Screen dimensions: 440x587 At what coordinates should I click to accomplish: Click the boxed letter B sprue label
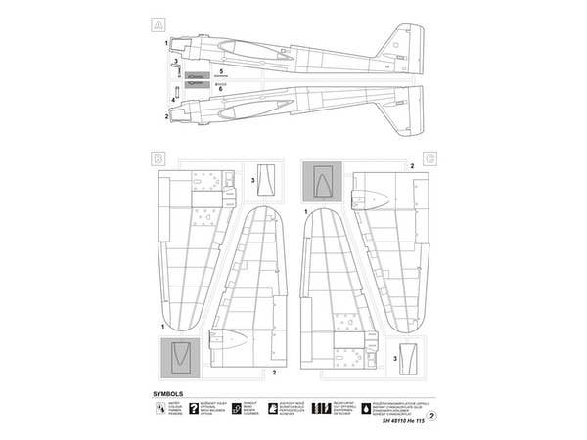click(x=158, y=157)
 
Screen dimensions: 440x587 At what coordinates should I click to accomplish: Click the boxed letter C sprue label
click(x=429, y=157)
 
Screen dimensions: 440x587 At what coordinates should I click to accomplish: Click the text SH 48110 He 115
click(x=394, y=420)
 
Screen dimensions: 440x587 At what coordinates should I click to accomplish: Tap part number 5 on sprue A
click(x=222, y=72)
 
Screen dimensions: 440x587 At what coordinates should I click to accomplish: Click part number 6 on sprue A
click(x=222, y=88)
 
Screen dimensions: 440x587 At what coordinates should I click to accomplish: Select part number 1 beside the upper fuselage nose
click(x=167, y=44)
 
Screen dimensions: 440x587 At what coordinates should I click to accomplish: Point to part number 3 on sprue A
click(x=175, y=62)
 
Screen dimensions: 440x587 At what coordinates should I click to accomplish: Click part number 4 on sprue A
click(x=174, y=100)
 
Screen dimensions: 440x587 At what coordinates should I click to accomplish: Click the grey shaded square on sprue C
click(x=321, y=182)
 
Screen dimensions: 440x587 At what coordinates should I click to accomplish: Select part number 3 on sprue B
click(x=253, y=181)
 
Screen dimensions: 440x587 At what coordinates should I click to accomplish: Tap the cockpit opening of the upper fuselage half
click(x=264, y=49)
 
